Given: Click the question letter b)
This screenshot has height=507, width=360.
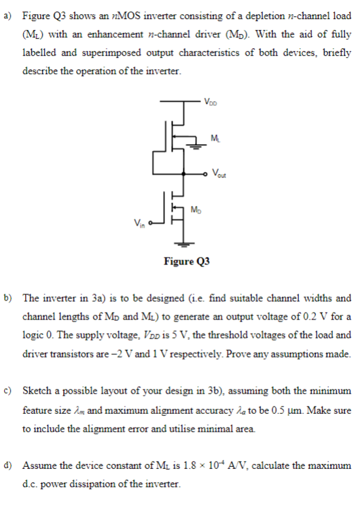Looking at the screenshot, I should pyautogui.click(x=9, y=298).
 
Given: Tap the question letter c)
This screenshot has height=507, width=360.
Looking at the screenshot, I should pyautogui.click(x=9, y=391).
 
